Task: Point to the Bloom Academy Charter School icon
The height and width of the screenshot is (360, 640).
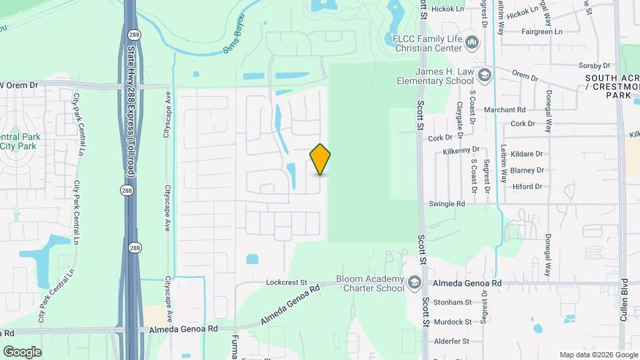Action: (415, 283)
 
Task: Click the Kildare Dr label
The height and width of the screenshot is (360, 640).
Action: (526, 154)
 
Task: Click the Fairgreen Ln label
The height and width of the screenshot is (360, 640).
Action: (542, 31)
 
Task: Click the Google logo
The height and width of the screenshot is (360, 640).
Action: (22, 351)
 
